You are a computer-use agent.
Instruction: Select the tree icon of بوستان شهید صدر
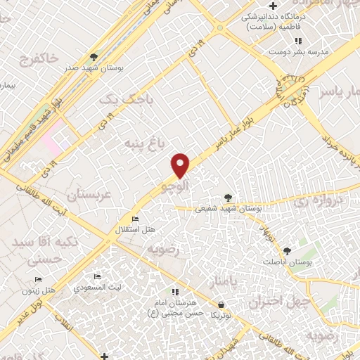pos(94,56)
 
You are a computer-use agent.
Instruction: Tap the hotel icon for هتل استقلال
pos(137,218)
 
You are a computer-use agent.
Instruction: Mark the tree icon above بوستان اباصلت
pos(286,251)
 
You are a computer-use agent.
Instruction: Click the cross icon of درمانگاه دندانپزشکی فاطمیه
pos(281,7)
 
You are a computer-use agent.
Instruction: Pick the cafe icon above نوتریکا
pos(222,305)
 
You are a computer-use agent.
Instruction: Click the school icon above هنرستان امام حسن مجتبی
pos(175,291)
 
